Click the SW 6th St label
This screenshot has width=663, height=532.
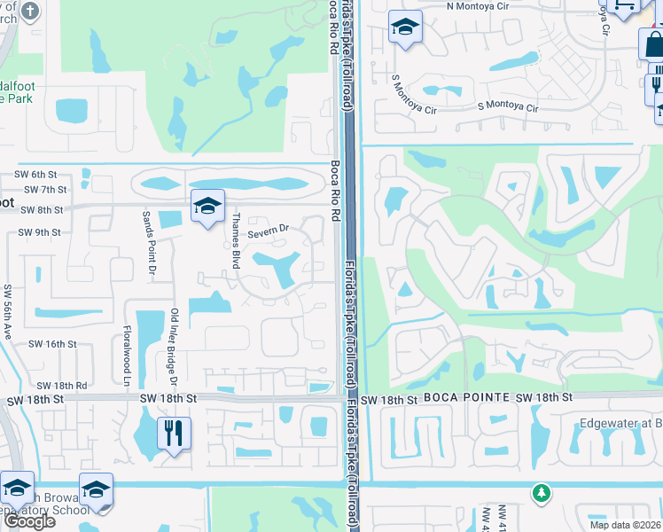pos(35,175)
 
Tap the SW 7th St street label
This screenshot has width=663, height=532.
pos(46,190)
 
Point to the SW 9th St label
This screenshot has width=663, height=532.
pos(39,232)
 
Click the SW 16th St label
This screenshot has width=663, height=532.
pos(52,344)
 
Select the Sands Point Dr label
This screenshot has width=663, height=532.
pos(150,242)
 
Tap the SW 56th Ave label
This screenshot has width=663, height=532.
pos(8,313)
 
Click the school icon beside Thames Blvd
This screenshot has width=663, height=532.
pos(207,207)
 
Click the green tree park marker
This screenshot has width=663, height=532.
pos(541,492)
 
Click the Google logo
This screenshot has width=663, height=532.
pos(29,520)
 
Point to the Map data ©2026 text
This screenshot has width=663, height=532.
pos(624,525)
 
